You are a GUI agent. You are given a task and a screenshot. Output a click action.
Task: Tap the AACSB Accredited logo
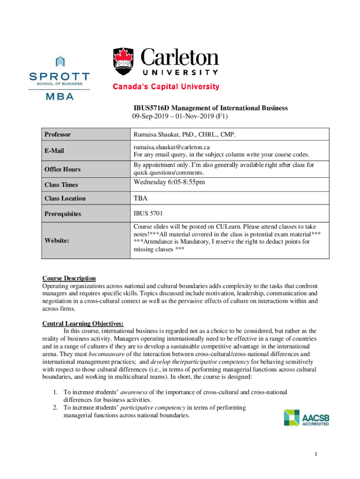(306, 417)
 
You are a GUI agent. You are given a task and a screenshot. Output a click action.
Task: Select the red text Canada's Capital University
(165, 87)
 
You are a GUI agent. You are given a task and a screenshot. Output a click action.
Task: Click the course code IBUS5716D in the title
(151, 108)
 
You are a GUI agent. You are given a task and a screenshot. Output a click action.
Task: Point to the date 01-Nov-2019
(190, 116)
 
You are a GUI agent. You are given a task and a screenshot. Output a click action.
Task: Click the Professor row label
(58, 135)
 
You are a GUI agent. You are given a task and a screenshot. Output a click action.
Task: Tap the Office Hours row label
(62, 169)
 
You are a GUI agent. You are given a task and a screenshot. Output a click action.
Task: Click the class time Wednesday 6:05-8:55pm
(169, 182)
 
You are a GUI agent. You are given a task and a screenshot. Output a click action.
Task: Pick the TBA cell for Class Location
(140, 198)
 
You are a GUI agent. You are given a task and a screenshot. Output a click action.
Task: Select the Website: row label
(57, 240)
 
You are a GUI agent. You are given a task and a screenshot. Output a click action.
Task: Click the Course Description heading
(69, 278)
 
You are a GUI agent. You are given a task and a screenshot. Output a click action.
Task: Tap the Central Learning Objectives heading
(83, 323)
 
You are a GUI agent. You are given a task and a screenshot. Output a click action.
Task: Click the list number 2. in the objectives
(55, 407)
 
